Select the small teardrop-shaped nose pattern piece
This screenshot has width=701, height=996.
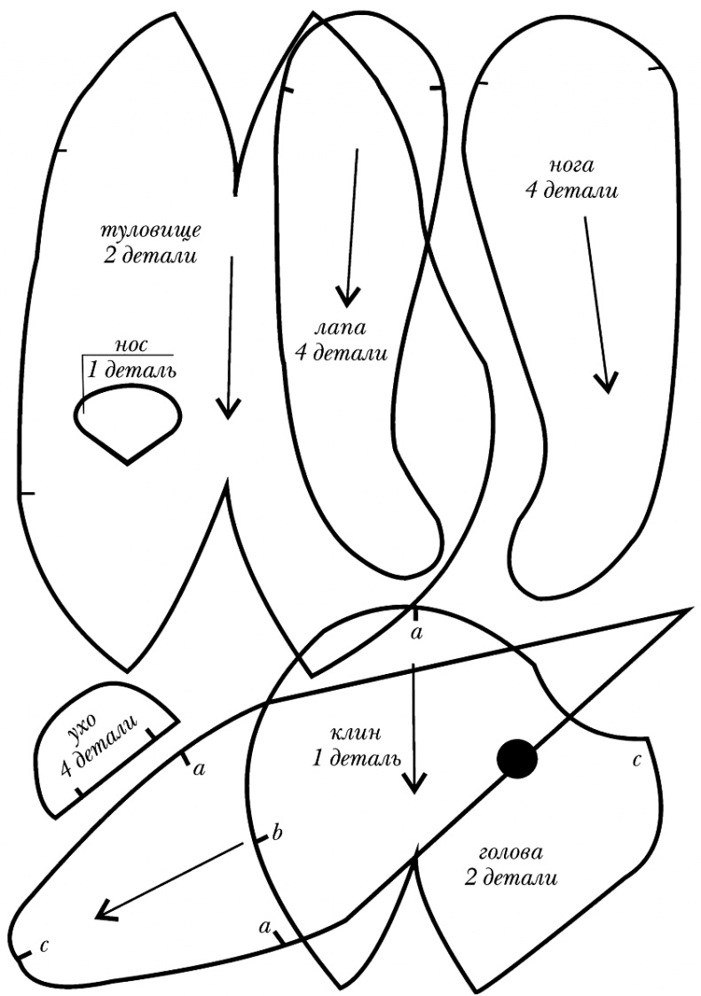[127, 422]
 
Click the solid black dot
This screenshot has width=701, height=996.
[517, 758]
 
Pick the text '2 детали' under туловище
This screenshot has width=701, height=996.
[148, 257]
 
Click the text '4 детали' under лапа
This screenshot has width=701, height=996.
[343, 353]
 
